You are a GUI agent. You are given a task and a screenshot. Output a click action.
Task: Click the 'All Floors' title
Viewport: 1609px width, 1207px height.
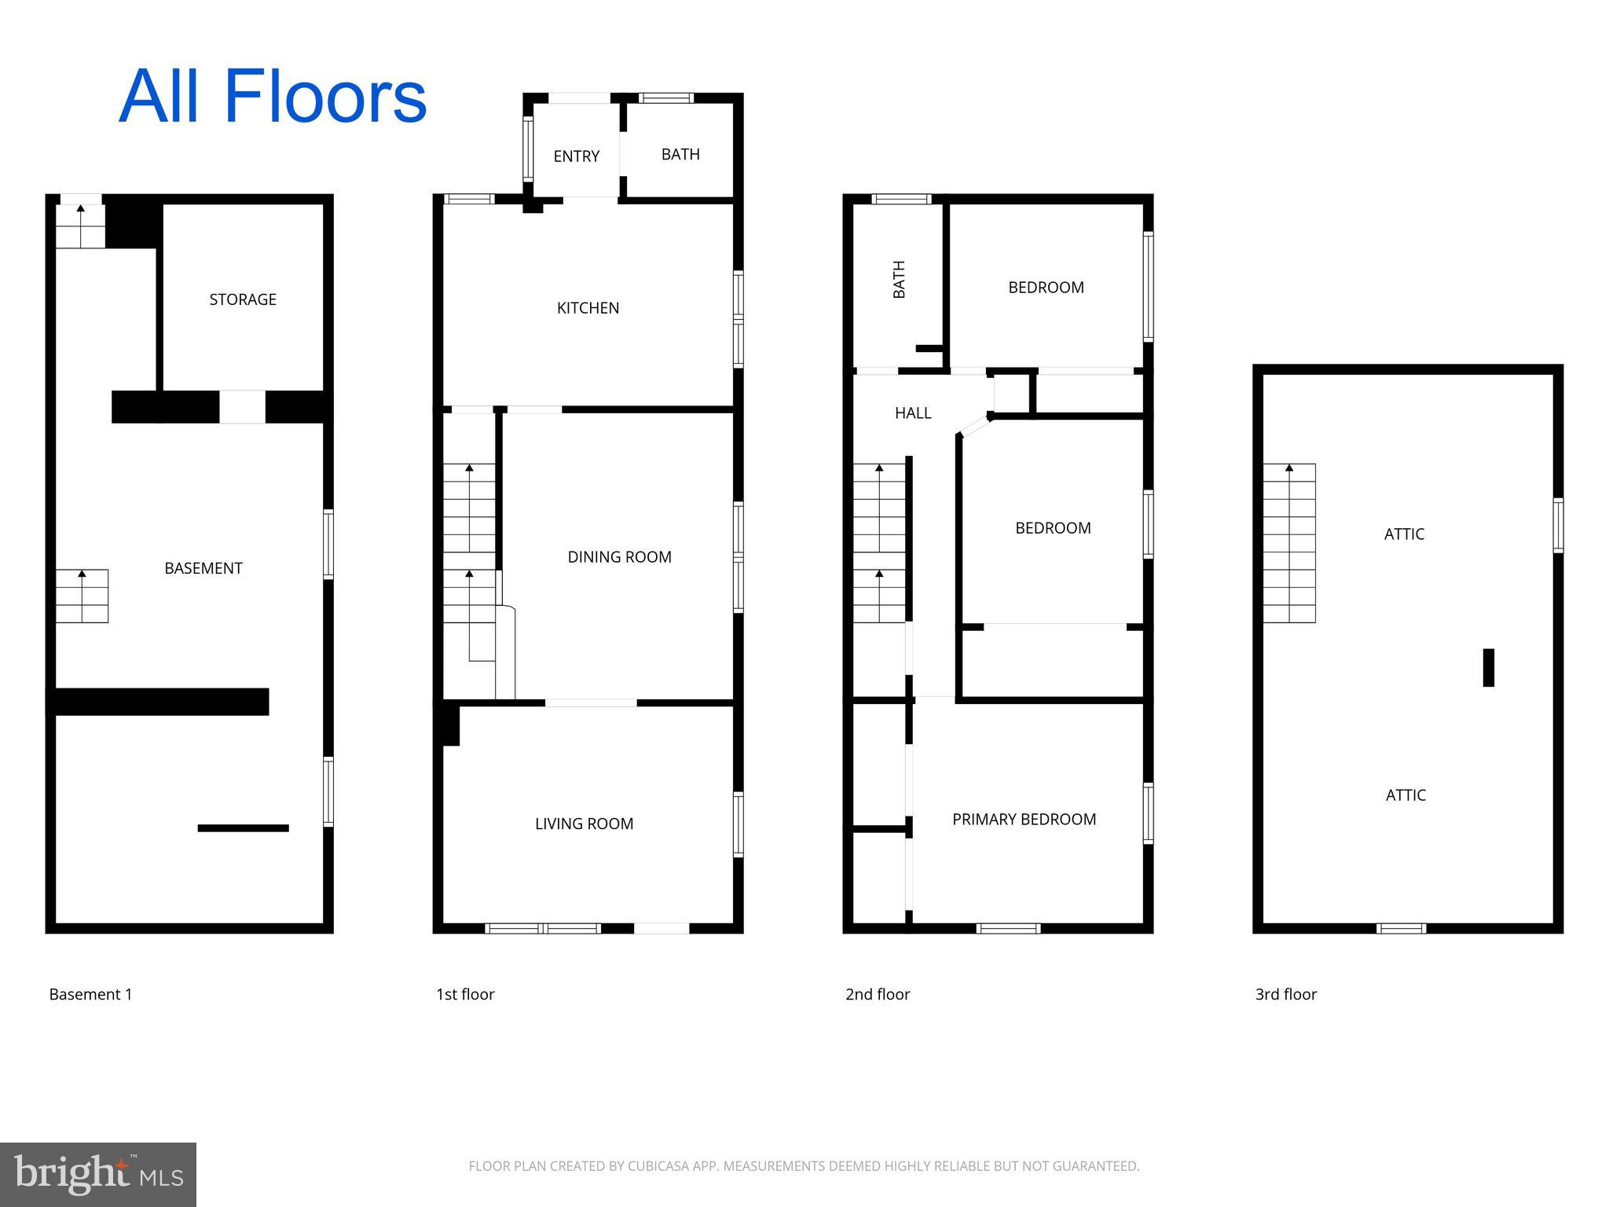point(273,97)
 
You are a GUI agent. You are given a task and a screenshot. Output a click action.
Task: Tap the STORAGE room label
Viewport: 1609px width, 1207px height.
point(243,299)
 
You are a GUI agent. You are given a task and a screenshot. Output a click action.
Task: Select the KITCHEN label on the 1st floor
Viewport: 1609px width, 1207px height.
point(588,308)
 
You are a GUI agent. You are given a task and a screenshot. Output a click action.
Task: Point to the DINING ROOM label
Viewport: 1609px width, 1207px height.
point(619,557)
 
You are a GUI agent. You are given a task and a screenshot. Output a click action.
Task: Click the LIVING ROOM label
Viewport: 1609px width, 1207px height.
point(584,824)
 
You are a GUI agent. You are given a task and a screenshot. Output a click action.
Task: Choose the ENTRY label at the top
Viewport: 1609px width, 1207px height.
point(576,156)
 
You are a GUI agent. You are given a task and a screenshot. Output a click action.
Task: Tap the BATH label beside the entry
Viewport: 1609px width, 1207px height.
point(680,155)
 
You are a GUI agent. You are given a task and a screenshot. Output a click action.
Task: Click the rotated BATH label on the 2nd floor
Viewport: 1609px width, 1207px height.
point(899,280)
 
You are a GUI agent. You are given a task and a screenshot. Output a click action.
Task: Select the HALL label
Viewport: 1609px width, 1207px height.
point(913,413)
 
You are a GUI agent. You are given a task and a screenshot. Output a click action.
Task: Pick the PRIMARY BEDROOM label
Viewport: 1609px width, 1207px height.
point(1024,820)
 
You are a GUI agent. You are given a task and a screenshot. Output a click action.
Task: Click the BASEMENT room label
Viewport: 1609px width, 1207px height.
point(203,568)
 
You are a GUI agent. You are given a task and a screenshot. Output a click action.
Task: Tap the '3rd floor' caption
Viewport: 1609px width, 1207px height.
point(1285,994)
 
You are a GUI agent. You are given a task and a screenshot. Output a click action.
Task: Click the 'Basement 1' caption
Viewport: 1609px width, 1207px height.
point(90,994)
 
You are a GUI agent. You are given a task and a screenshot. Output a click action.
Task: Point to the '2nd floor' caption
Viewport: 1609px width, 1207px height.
point(877,994)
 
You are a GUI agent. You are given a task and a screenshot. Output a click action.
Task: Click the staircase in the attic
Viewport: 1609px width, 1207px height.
point(1288,543)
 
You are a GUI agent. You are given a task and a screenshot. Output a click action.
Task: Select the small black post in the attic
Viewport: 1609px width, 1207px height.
point(1488,667)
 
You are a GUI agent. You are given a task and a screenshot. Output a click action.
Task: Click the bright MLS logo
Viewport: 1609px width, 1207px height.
point(98,1175)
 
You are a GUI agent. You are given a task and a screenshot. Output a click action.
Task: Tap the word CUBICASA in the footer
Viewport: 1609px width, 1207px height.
point(657,1166)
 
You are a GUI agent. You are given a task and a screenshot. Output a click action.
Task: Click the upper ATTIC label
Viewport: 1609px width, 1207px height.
point(1404,534)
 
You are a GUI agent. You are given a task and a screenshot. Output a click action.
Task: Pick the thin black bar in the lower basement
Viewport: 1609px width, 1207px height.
point(243,828)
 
